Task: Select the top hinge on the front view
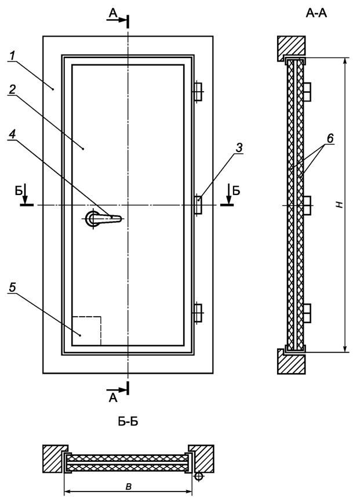pyautogui.click(x=197, y=91)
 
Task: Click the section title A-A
pyautogui.click(x=317, y=13)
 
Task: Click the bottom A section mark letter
pyautogui.click(x=112, y=397)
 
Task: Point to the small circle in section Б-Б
pyautogui.click(x=199, y=476)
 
